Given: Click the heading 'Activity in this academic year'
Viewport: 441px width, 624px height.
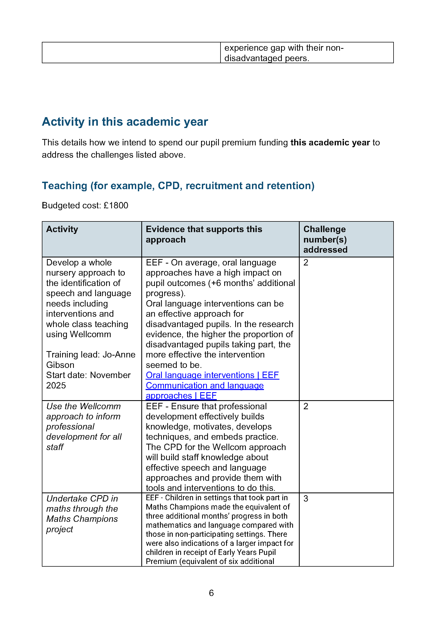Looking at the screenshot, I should click(125, 122).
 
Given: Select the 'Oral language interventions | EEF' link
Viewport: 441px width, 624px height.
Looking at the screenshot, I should click(212, 375).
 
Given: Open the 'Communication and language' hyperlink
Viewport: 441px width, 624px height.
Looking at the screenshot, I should click(205, 385).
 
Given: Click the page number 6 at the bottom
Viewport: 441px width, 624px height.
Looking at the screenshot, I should click(211, 593).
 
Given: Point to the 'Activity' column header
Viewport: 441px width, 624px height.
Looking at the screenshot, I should click(62, 229).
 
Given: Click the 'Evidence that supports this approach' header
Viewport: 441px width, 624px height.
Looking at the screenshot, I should click(204, 234).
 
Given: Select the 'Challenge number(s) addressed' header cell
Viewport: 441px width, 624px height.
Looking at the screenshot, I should click(325, 239).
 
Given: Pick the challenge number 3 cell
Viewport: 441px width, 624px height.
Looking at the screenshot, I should click(306, 498).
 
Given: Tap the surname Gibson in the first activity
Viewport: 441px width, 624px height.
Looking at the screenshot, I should click(60, 365).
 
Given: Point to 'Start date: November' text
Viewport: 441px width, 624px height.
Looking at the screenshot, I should click(88, 375).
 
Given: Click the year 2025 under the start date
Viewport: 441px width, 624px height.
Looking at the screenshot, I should click(56, 385).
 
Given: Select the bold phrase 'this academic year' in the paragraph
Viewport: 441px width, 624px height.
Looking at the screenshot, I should click(330, 142).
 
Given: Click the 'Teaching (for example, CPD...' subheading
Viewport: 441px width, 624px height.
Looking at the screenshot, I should click(178, 186).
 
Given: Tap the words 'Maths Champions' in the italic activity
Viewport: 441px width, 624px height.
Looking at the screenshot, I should click(82, 519).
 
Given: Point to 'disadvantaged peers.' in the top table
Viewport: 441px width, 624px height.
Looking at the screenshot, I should click(266, 58).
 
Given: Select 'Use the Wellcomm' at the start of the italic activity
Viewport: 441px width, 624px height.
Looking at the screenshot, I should click(83, 406).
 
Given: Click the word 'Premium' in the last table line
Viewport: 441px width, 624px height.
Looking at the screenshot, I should click(161, 561).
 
